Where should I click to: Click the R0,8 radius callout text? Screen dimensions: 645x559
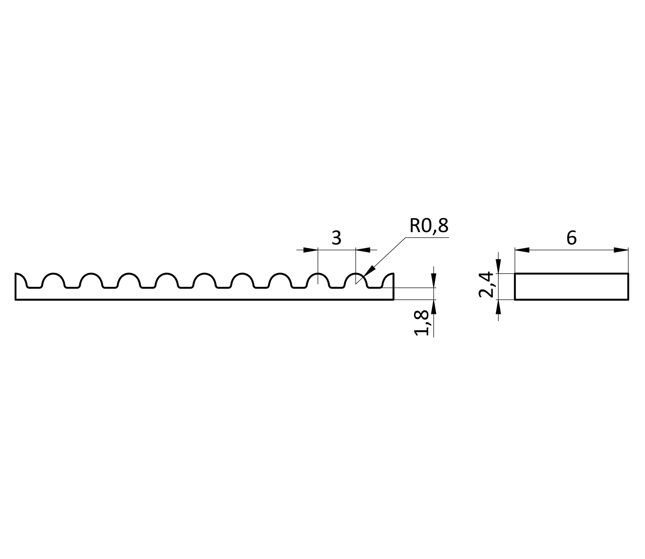point(429,226)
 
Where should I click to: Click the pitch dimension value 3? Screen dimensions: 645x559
point(336,238)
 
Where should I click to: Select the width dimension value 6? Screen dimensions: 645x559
point(571,238)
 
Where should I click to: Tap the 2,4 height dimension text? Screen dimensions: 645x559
point(486,285)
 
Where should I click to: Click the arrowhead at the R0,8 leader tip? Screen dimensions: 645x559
point(369,271)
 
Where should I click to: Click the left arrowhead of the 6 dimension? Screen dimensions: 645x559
point(522,250)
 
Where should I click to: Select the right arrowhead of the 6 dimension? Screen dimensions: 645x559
point(621,250)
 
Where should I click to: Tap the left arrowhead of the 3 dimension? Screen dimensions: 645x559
point(310,250)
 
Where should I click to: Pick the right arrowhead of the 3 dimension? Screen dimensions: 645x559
point(363,250)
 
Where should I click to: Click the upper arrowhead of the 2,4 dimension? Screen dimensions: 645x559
point(498,266)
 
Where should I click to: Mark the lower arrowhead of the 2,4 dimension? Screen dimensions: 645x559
point(498,307)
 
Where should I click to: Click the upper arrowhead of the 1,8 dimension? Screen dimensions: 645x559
point(434,281)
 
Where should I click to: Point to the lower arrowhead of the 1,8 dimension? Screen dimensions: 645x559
point(434,307)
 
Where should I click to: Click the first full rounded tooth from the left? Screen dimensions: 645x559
point(53,280)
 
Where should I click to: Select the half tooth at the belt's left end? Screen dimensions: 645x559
point(21,280)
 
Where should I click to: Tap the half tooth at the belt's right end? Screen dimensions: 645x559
point(388,280)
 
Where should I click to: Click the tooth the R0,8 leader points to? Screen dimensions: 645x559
point(356,280)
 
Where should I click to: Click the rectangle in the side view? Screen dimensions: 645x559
point(571,286)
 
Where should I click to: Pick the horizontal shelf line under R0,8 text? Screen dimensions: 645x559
point(427,237)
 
